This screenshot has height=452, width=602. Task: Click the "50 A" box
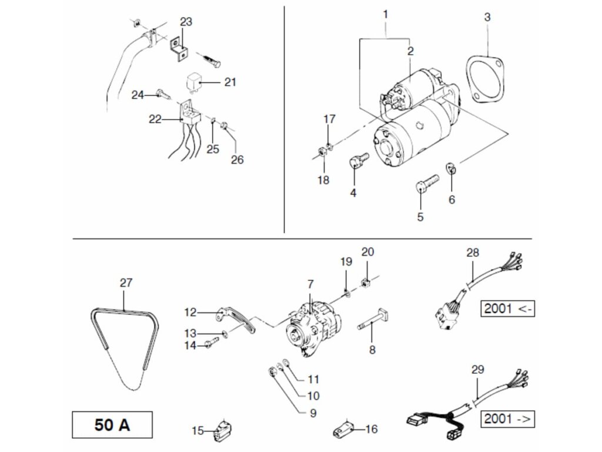[111, 424]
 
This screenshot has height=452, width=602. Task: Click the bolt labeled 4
[358, 161]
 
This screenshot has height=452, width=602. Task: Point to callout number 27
[126, 283]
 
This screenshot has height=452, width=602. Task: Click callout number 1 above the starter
[386, 13]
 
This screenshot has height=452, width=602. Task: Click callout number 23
[186, 22]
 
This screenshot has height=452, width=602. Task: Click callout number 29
[477, 370]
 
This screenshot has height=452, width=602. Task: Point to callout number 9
[312, 413]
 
